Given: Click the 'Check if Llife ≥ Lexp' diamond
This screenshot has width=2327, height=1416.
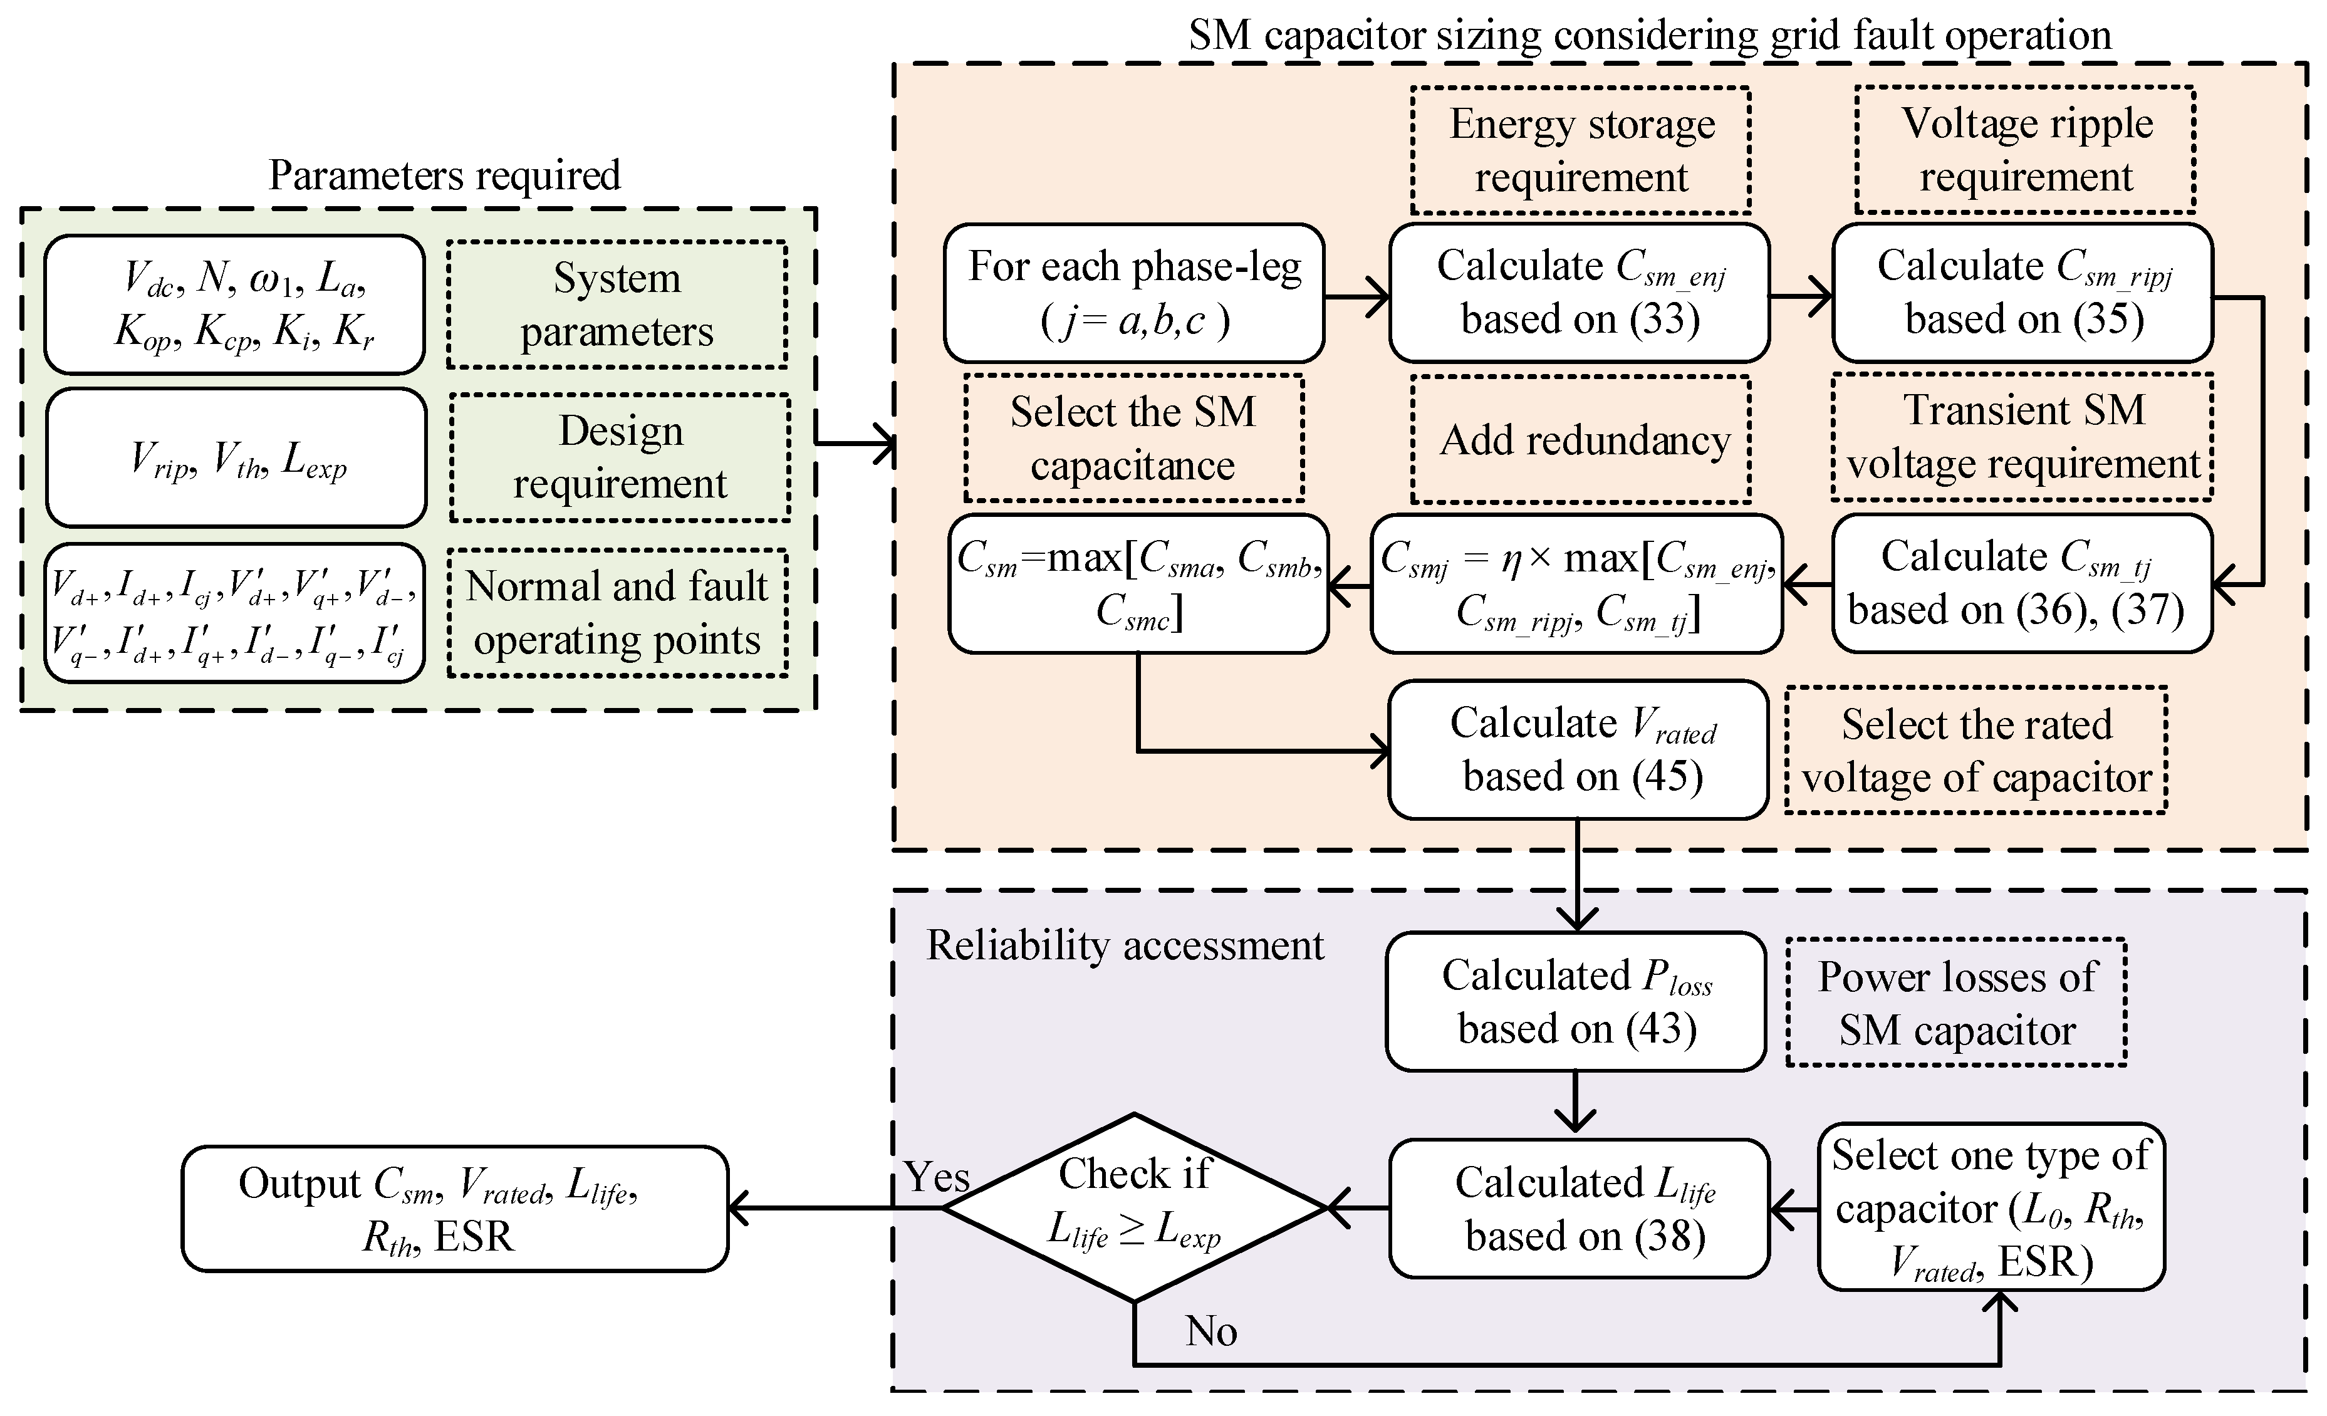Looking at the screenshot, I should [1135, 1207].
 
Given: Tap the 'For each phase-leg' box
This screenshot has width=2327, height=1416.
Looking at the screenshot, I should [1134, 293].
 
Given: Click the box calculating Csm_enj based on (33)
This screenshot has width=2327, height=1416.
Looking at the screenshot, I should [1579, 293].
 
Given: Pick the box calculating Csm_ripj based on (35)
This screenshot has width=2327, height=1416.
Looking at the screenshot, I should [2023, 293].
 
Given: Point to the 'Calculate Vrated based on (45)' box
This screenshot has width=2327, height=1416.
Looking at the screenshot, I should [1578, 749].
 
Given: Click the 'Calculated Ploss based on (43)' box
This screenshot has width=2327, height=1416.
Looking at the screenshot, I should [1576, 1001].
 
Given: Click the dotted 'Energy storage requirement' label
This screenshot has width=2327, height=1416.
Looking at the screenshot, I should [1581, 150].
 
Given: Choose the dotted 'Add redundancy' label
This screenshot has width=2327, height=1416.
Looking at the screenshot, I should [1581, 439].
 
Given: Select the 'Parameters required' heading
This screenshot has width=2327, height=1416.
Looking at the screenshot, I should [444, 175].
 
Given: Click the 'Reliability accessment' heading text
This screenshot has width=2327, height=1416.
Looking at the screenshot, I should [1125, 945].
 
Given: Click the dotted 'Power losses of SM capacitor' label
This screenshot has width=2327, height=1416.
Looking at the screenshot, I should [1956, 1002].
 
